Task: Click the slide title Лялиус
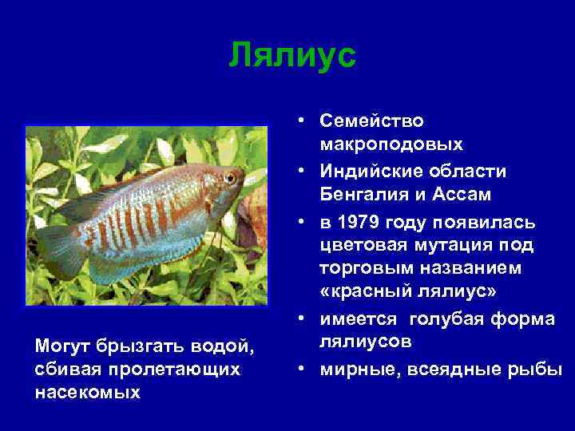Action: tap(291, 56)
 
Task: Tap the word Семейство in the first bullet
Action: tap(371, 121)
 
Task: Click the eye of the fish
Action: tap(230, 177)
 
